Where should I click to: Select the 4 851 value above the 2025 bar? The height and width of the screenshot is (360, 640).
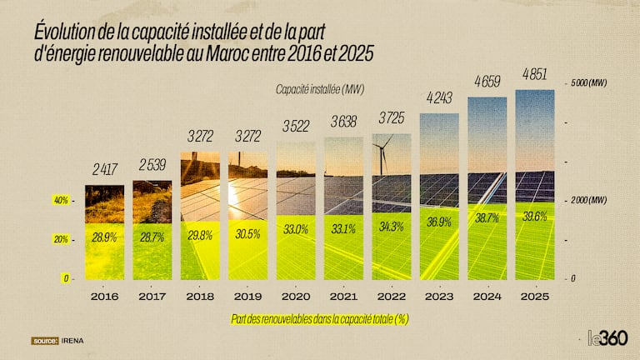(x=534, y=76)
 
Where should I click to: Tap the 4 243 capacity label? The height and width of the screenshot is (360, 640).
(x=438, y=97)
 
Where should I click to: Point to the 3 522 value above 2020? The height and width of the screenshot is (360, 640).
(x=296, y=127)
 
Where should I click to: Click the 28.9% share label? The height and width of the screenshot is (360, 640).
(x=104, y=238)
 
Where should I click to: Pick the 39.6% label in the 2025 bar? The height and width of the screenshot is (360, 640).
(x=534, y=217)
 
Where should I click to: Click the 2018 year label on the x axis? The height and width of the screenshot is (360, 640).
(x=201, y=296)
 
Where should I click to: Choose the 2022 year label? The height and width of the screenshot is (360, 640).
(x=392, y=296)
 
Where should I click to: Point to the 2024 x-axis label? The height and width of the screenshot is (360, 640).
(x=487, y=296)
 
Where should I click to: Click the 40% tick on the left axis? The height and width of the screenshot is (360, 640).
(x=62, y=201)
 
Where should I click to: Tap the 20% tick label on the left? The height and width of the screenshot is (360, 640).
(x=62, y=239)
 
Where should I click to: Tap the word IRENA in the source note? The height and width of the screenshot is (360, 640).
(x=72, y=341)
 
